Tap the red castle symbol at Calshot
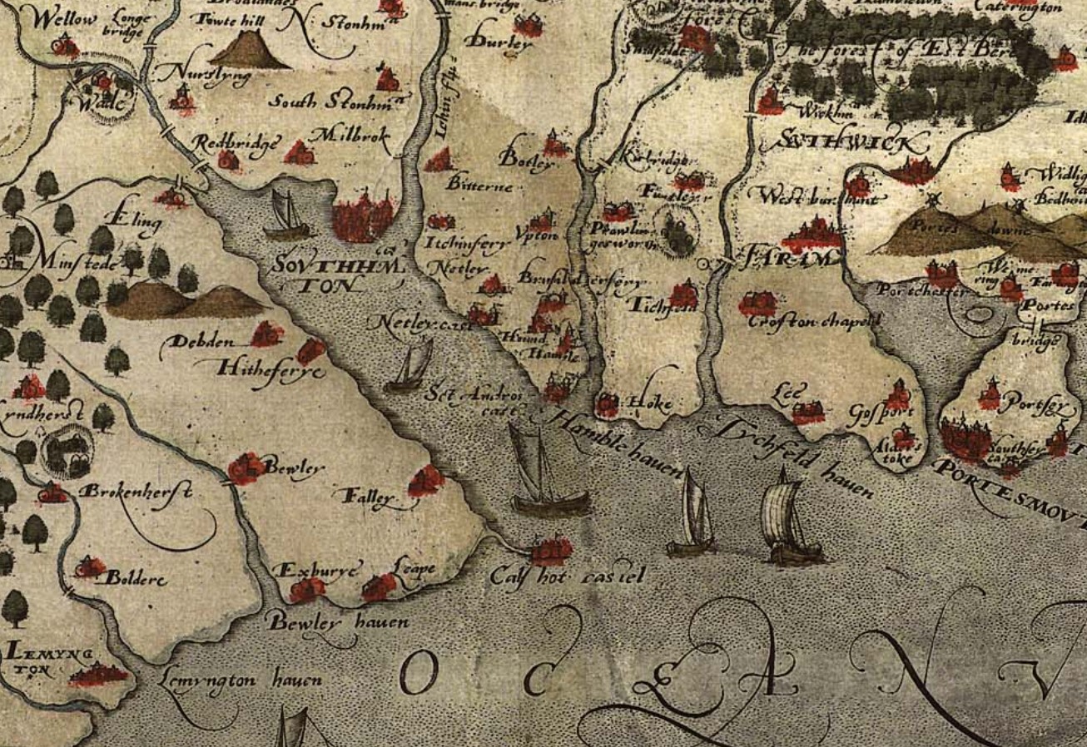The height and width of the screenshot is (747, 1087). (550, 550)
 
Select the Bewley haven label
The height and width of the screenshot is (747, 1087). (338, 622)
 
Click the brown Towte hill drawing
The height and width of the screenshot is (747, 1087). (249, 49)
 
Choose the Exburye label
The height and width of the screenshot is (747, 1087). (318, 571)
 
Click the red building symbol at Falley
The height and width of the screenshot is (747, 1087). (426, 481)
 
